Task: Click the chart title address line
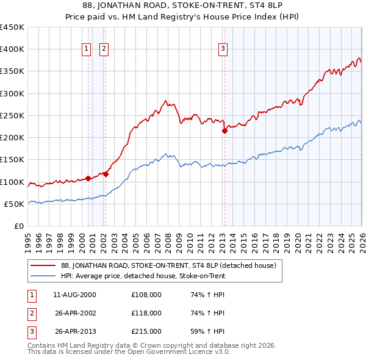point(182,6)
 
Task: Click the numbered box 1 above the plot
point(86,49)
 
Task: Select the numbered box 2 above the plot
point(104,49)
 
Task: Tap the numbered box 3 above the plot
point(223,49)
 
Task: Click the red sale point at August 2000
point(88,178)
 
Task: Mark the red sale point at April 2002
point(106,174)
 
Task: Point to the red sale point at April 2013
point(224,131)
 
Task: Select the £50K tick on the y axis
point(15,204)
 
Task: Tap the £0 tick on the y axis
point(18,226)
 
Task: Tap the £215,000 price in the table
point(146,331)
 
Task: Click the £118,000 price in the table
point(146,313)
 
